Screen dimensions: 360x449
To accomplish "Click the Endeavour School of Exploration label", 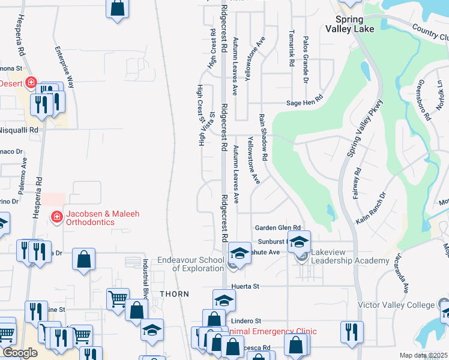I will point(190,264).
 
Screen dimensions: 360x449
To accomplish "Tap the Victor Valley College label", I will point(396,305).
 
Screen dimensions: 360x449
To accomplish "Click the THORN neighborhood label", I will point(174,294).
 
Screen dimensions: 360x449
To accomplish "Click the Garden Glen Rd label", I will point(277,227).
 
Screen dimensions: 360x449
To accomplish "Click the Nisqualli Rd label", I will point(19,130).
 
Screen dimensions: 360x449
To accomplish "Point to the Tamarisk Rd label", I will point(291,48).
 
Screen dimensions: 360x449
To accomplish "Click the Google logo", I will point(20,353).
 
